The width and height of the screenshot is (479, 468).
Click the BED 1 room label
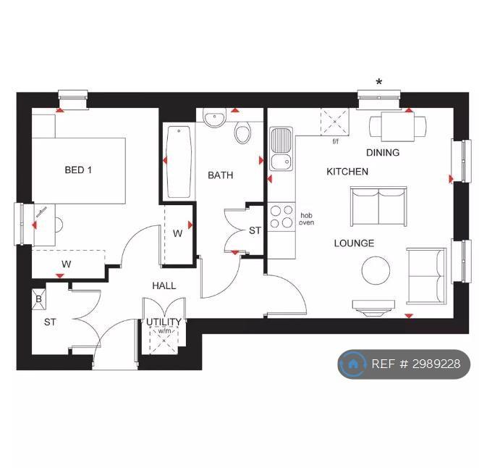78,170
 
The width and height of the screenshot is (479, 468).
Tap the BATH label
220,175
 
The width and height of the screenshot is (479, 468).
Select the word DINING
383,152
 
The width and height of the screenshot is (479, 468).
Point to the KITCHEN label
347,172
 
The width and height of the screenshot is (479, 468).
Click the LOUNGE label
354,243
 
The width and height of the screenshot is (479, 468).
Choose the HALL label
164,285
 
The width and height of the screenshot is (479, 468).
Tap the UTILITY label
164,322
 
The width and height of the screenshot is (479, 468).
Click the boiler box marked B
39,299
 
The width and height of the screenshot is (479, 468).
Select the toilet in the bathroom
242,133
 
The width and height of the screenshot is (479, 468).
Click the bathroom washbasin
215,117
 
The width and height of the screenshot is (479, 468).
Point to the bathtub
179,162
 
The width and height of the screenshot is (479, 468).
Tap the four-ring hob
281,217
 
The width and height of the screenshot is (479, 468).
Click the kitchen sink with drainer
281,149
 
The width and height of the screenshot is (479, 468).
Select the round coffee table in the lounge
376,270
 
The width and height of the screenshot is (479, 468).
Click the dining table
398,127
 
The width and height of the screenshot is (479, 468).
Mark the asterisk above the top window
379,82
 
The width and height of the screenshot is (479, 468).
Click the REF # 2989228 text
416,364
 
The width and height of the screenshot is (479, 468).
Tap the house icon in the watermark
353,364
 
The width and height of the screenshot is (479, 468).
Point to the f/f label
336,141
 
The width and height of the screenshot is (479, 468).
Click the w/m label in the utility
164,331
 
